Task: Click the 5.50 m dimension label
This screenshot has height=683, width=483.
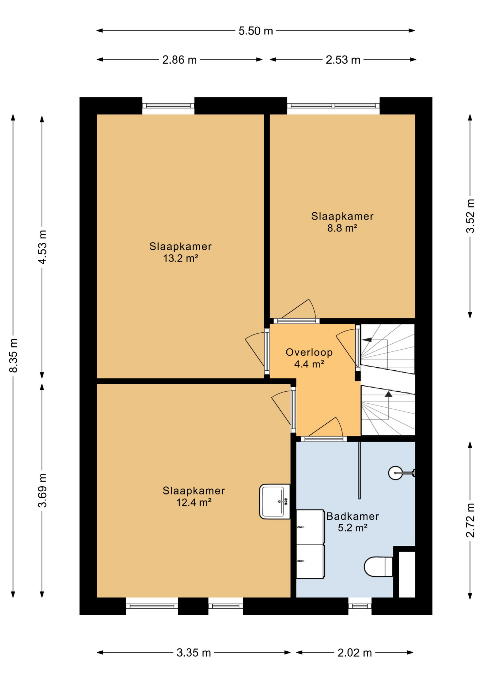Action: tap(255, 31)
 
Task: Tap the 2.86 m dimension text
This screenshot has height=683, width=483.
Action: tap(180, 60)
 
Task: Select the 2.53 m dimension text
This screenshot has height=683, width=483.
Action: tap(343, 60)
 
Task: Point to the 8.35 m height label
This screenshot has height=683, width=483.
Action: tap(13, 355)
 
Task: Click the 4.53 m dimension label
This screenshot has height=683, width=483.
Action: tap(42, 247)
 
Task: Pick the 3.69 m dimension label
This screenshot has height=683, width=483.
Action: tap(42, 491)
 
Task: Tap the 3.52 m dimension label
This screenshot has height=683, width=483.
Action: tap(470, 216)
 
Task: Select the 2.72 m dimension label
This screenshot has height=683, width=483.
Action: tap(470, 520)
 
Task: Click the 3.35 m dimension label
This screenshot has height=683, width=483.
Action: tap(194, 653)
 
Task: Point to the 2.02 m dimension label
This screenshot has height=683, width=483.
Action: tap(355, 653)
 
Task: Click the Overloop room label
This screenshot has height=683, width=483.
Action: tap(309, 352)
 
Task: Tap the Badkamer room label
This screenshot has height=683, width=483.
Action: tap(352, 516)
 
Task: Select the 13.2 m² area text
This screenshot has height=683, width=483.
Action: tap(180, 258)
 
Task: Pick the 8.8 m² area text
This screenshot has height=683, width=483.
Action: tap(342, 228)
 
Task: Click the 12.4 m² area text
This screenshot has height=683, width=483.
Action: tap(194, 503)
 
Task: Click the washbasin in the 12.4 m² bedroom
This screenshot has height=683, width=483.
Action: tap(275, 502)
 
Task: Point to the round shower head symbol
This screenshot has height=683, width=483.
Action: tap(395, 473)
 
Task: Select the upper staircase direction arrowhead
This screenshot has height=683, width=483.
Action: tap(367, 340)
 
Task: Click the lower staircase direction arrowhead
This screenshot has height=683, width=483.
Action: tap(388, 394)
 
